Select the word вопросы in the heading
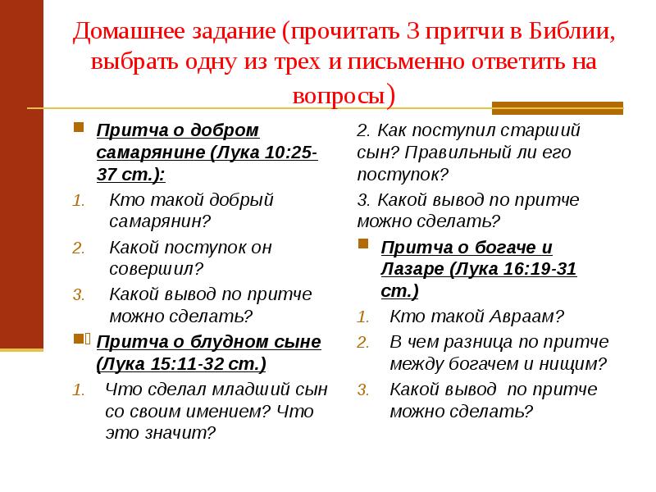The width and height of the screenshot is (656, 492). point(338,94)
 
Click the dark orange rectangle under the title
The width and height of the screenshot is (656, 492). point(557,107)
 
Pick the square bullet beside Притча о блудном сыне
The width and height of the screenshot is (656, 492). point(80,339)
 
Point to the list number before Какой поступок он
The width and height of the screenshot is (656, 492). point(78,248)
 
